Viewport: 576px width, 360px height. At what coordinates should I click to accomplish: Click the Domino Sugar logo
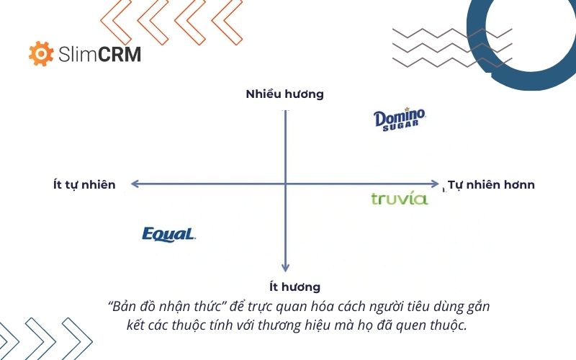(400, 119)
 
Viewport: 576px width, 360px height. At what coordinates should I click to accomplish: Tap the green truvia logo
(400, 199)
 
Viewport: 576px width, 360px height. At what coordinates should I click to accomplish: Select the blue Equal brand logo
(169, 234)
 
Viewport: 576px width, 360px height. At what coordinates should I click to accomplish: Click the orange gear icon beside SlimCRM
(41, 54)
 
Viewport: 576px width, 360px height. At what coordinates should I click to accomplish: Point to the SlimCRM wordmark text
(100, 55)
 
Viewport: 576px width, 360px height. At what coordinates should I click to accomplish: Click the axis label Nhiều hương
(285, 94)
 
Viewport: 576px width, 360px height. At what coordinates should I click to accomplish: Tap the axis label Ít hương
(286, 287)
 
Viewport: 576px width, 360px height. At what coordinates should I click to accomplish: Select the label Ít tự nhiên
(84, 185)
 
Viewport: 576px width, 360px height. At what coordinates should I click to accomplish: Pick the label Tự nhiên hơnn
(491, 185)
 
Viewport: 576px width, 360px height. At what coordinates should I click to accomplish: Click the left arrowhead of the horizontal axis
(134, 184)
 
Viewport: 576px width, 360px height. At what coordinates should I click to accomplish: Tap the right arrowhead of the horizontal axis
(435, 184)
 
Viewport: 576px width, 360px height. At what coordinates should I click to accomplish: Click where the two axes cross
(286, 184)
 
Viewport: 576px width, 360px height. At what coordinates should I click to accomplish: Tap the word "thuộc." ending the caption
(450, 324)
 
